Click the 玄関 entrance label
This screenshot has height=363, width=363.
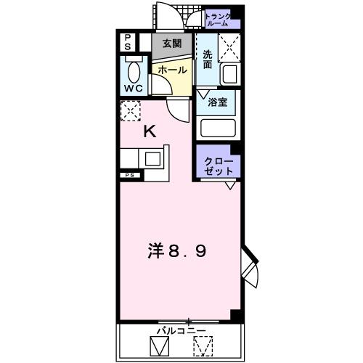173,44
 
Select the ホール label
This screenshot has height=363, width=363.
172,70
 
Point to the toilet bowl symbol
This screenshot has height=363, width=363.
134,71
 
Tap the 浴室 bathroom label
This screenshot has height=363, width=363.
219,102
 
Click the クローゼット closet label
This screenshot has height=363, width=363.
219,166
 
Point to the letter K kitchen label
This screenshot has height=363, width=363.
150,132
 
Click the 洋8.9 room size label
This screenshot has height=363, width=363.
178,253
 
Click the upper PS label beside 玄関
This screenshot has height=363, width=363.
127,41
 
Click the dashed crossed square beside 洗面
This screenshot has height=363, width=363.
231,47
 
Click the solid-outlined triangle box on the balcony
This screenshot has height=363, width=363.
159,346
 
